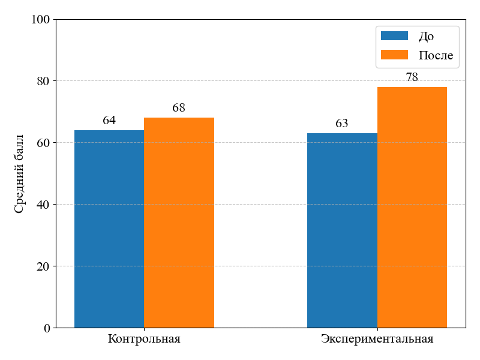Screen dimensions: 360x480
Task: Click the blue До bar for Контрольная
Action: click(x=109, y=229)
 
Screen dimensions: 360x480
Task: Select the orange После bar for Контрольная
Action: click(x=179, y=223)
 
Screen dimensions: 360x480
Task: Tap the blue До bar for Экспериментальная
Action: click(x=342, y=230)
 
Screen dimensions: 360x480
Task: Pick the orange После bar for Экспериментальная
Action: click(x=412, y=207)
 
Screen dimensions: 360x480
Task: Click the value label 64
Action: click(x=109, y=121)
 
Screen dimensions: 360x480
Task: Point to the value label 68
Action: click(x=179, y=108)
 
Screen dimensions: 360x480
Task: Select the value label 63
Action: click(x=342, y=124)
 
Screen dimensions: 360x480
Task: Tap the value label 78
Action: click(x=412, y=77)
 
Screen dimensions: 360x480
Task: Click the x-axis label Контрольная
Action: click(x=144, y=339)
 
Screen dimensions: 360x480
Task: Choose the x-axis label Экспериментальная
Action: click(x=377, y=339)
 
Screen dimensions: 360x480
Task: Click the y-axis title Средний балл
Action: click(x=19, y=174)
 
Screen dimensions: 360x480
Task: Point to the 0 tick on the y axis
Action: click(x=47, y=328)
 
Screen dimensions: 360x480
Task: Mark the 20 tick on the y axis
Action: click(x=44, y=266)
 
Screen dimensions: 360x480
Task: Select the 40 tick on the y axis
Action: click(x=44, y=205)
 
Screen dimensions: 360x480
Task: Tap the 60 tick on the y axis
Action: click(x=44, y=143)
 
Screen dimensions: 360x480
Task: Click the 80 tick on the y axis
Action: click(x=44, y=81)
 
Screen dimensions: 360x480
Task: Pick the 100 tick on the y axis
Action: click(x=41, y=19)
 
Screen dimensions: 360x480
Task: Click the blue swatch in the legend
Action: click(x=394, y=36)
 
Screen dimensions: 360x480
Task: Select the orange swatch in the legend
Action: click(x=394, y=55)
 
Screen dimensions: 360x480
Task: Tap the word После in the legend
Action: click(x=436, y=56)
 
